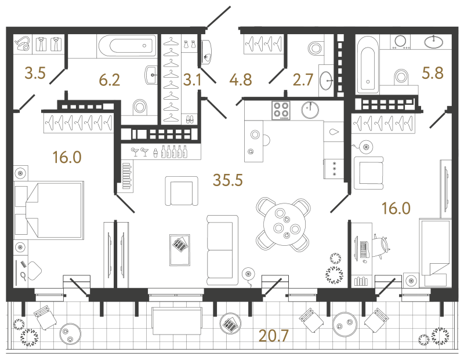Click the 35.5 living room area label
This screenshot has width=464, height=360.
(228, 180)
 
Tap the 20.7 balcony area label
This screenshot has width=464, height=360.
(273, 336)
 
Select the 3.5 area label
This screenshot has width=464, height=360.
(35, 73)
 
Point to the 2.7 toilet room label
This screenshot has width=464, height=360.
(303, 80)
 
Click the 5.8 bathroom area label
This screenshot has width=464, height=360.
(433, 73)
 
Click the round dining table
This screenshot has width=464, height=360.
(283, 224)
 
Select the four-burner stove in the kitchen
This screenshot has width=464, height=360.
(281, 110)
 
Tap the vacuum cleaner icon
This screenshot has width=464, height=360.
(23, 43)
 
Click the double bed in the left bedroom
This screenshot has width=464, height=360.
(49, 210)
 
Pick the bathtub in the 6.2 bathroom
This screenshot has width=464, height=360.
(127, 46)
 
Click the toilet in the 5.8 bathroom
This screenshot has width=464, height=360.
(401, 77)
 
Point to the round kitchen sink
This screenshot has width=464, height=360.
(310, 110)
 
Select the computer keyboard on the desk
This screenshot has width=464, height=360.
(364, 249)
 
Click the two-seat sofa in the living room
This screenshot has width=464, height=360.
(223, 250)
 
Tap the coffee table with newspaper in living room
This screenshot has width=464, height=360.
(180, 250)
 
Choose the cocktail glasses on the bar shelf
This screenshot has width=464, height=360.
(140, 152)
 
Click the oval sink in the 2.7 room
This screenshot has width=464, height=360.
(326, 80)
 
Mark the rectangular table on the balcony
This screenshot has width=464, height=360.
(177, 321)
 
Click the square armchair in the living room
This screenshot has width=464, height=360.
(182, 191)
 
